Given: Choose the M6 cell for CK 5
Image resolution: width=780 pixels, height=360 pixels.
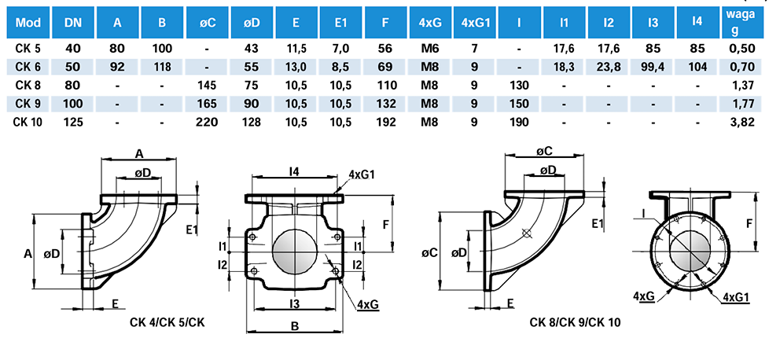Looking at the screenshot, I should [429, 49].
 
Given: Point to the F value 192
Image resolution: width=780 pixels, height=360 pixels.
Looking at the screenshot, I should [385, 121].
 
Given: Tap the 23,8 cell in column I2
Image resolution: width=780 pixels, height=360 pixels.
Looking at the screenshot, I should [609, 66].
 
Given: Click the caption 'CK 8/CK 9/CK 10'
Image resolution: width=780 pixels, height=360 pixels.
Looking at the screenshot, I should [575, 321].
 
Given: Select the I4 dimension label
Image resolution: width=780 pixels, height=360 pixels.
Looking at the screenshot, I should [292, 171].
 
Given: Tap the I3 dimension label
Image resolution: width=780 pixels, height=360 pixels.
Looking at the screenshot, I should [292, 303].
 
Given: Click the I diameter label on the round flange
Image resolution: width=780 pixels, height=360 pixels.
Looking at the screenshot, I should [644, 212].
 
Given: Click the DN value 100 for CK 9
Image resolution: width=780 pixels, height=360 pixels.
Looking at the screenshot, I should [73, 102].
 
